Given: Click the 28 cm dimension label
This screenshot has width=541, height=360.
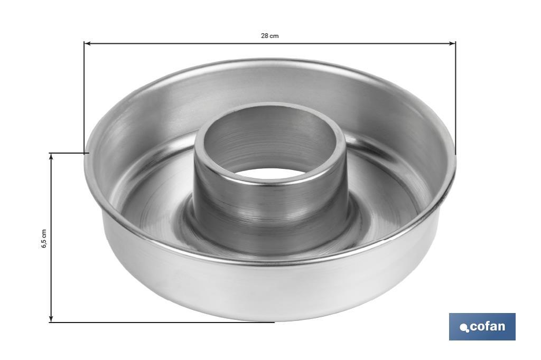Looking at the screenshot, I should click(269, 36).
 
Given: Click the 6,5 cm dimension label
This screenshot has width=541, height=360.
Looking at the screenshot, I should click(44, 239).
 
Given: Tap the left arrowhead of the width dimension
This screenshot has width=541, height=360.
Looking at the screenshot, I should click(87, 43).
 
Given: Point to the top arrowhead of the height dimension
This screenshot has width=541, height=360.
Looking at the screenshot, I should click(51, 157).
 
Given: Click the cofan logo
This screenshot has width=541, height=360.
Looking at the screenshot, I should click(482, 327).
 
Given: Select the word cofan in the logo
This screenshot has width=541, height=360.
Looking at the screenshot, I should click(487, 326).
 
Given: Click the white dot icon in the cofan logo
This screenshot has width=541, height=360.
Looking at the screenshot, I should click(464, 328).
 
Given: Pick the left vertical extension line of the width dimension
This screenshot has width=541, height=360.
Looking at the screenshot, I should click(84, 98).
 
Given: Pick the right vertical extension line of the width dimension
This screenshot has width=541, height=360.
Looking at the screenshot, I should click(455, 98).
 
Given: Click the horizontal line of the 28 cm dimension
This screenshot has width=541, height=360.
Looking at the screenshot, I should click(211, 43).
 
